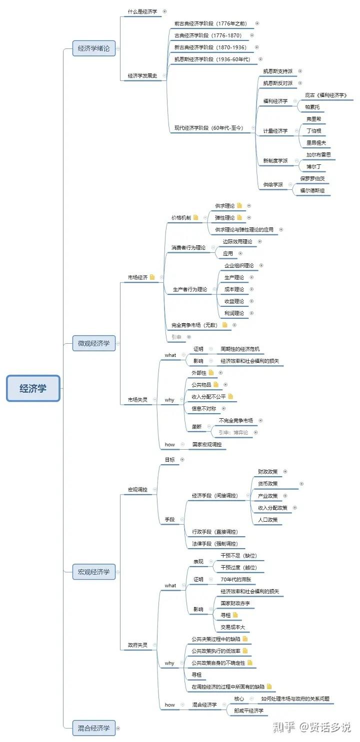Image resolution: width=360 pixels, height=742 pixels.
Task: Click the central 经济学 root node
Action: (x=33, y=388)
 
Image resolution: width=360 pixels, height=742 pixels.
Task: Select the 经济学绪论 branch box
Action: (x=94, y=48)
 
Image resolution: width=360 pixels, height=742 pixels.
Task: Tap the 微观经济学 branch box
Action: (x=94, y=343)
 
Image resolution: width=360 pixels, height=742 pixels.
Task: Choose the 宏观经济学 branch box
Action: (x=94, y=572)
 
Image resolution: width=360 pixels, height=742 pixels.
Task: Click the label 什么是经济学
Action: (x=142, y=11)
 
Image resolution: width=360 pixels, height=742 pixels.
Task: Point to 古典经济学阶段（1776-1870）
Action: (x=207, y=35)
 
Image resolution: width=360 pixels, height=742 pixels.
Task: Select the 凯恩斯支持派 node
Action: (x=278, y=71)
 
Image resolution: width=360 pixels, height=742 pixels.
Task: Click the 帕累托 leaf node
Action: (x=312, y=107)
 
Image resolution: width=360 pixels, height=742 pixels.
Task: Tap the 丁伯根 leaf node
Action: (x=314, y=131)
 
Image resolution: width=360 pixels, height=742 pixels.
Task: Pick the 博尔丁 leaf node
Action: (x=314, y=166)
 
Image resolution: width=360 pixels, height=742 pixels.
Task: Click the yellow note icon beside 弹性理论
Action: (x=239, y=217)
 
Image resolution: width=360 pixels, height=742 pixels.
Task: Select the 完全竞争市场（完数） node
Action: (x=194, y=325)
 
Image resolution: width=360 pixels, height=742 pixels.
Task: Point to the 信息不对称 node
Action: (x=204, y=409)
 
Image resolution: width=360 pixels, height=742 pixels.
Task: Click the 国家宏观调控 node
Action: (x=207, y=444)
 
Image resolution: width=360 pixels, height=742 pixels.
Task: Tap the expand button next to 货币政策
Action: (x=301, y=484)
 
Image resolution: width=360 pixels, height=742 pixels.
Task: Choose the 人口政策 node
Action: (x=267, y=520)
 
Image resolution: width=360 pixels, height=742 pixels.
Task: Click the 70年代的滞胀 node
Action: (x=235, y=580)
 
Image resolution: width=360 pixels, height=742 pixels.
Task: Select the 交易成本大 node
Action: (x=233, y=627)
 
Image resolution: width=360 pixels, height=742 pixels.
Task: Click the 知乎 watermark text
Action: (x=283, y=727)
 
